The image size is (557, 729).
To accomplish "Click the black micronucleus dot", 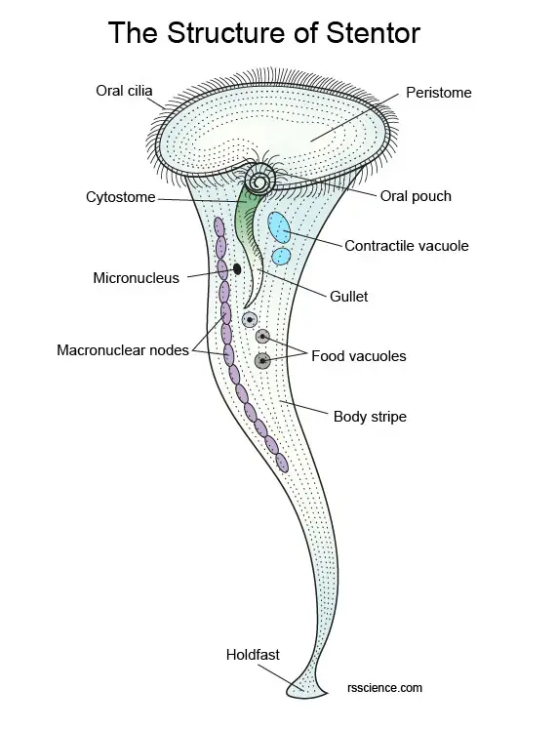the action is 237,268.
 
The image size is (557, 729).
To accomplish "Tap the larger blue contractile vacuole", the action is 279,227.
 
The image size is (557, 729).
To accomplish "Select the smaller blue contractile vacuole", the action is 281,256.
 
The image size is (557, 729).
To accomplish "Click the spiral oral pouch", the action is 260,181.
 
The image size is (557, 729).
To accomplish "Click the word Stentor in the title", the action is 373,32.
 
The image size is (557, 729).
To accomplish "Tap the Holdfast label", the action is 253,655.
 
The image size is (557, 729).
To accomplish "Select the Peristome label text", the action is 439,93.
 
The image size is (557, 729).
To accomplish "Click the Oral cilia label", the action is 124,90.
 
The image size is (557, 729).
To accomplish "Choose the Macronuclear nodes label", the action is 123,349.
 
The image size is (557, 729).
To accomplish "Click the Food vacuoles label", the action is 359,356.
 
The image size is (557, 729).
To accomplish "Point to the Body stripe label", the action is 370,417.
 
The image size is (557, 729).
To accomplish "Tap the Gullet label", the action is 348,296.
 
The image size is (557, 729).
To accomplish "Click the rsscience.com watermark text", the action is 384,688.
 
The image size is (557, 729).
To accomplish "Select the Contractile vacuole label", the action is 407,246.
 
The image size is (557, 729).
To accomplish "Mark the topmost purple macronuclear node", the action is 219,226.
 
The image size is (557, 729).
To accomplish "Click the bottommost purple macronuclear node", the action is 282,463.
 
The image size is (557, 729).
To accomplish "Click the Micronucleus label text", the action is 137,278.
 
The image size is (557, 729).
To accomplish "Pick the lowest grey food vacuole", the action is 262,361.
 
